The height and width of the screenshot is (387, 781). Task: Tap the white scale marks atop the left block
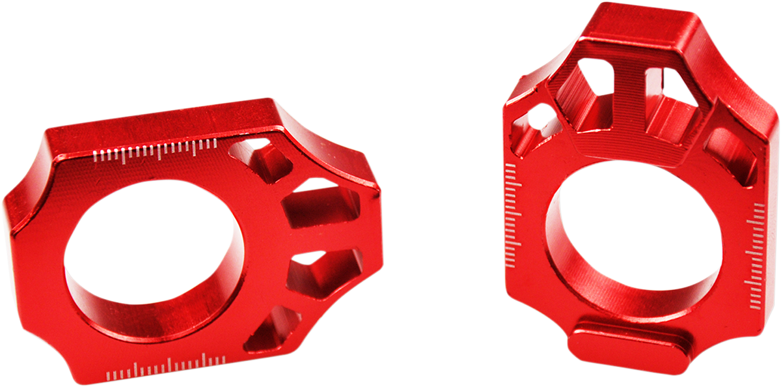click(156, 150)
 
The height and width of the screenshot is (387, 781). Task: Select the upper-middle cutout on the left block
click(319, 202)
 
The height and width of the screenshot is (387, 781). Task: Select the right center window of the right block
click(670, 101)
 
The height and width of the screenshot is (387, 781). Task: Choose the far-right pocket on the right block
click(732, 153)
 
